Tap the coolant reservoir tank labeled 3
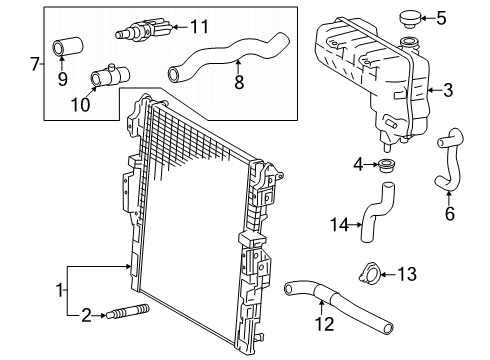(x=364, y=75)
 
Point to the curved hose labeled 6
(x=445, y=165)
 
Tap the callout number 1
(x=58, y=290)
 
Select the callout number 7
(x=35, y=65)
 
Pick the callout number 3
(x=448, y=91)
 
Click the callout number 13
(x=408, y=273)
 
